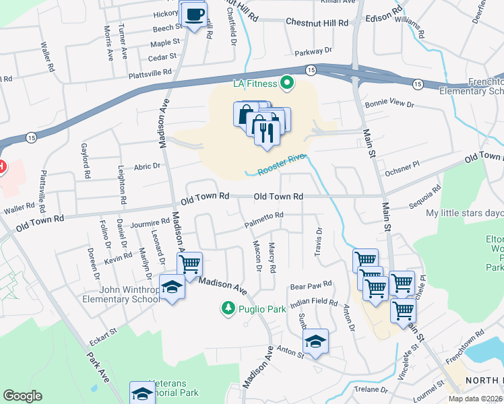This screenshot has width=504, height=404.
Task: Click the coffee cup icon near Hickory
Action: pos(194,14)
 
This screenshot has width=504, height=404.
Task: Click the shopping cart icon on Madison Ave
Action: pos(190,263)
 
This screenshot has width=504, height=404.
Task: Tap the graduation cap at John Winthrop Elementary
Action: pos(172,288)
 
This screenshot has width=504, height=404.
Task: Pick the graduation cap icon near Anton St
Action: pos(315,341)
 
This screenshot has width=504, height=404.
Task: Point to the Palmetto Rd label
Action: pos(263,215)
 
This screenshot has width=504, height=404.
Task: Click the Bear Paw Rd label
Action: pos(311,285)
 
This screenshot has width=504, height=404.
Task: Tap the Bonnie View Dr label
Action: pos(387,104)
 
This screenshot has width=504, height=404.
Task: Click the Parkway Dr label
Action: pos(314,51)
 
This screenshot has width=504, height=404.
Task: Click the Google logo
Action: pos(22,396)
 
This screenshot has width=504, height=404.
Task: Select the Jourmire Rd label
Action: pos(150,222)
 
